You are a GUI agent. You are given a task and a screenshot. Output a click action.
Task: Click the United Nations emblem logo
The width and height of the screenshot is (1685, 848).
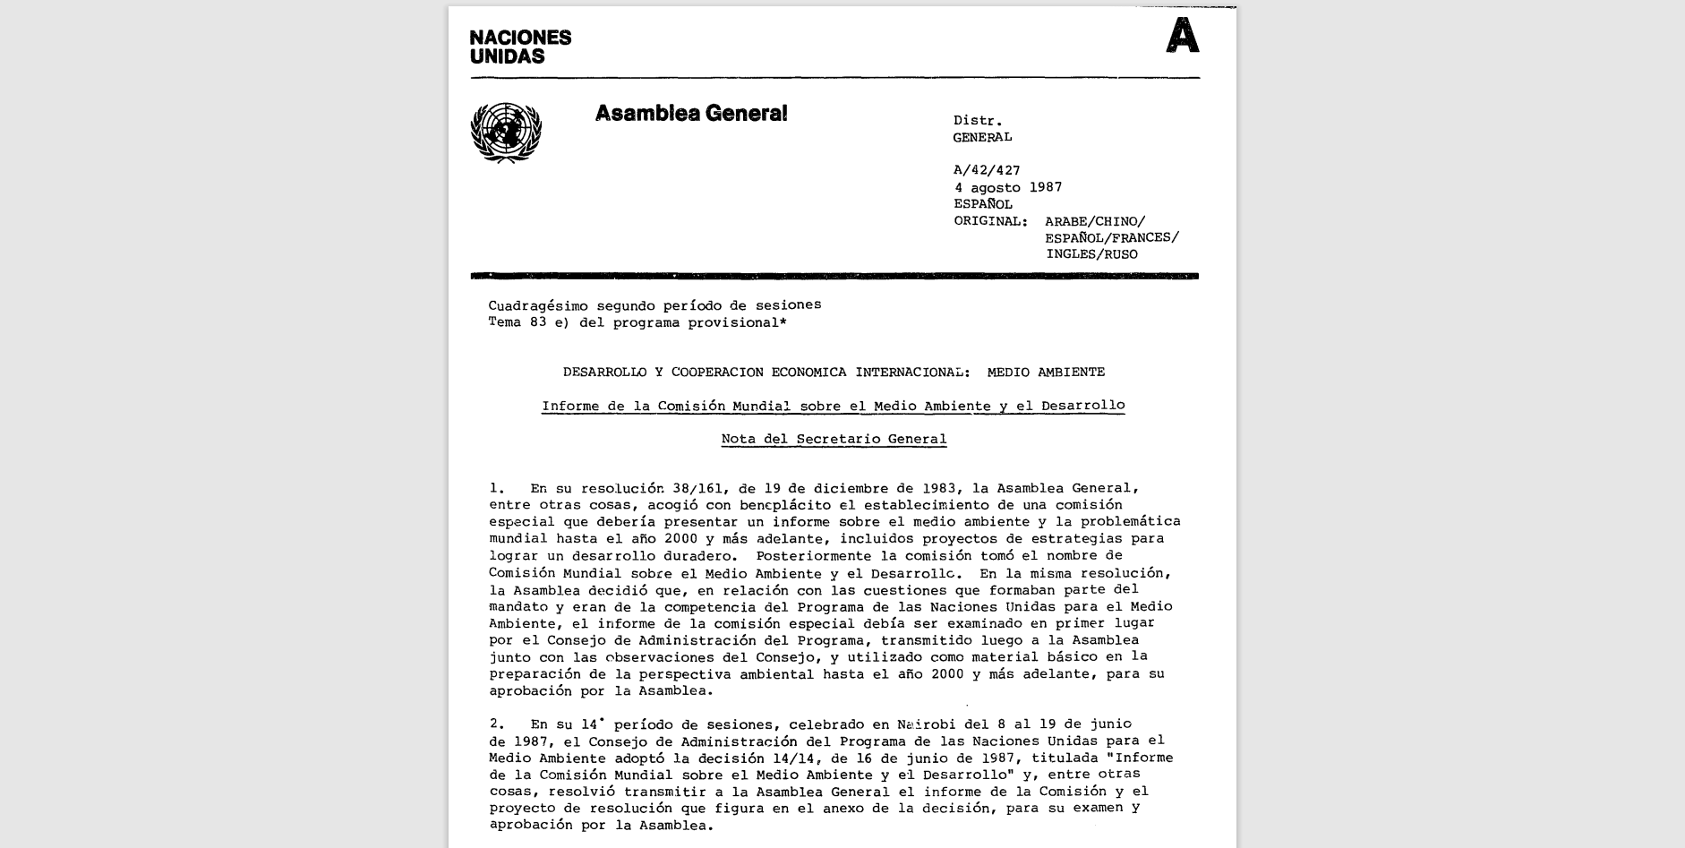[x=506, y=133]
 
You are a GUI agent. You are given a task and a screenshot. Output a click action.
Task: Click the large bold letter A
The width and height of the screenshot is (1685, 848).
[x=1182, y=38]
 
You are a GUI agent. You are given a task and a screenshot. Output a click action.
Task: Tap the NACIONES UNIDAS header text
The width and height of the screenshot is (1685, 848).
[x=520, y=47]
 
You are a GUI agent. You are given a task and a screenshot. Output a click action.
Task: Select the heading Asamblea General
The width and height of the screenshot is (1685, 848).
[x=691, y=114]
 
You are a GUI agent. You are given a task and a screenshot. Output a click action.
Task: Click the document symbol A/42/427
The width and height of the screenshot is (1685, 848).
[x=987, y=170]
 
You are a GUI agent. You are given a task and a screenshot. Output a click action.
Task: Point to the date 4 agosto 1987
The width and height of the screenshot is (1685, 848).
[x=1007, y=187]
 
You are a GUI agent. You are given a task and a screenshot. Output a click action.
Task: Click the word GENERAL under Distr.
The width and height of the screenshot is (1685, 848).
[x=982, y=137]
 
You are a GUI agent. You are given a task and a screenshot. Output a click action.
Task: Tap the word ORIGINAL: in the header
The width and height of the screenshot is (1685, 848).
[x=990, y=221]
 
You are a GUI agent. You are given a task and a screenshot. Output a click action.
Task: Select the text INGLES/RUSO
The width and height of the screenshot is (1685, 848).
[x=1091, y=254]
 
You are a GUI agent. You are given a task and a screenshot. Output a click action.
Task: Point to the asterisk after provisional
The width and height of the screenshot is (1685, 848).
[x=783, y=321]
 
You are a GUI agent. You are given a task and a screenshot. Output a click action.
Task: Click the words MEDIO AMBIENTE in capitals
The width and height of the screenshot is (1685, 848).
[x=1046, y=372]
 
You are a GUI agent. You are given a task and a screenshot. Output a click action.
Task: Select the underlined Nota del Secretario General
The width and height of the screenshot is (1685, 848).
[x=834, y=439]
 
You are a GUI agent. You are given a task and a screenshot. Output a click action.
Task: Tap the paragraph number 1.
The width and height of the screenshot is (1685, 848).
[x=497, y=489]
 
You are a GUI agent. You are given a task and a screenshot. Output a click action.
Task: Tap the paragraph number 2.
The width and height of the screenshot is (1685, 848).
[x=497, y=724]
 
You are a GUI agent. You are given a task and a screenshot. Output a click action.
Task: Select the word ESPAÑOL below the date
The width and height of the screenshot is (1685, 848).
[x=983, y=204]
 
